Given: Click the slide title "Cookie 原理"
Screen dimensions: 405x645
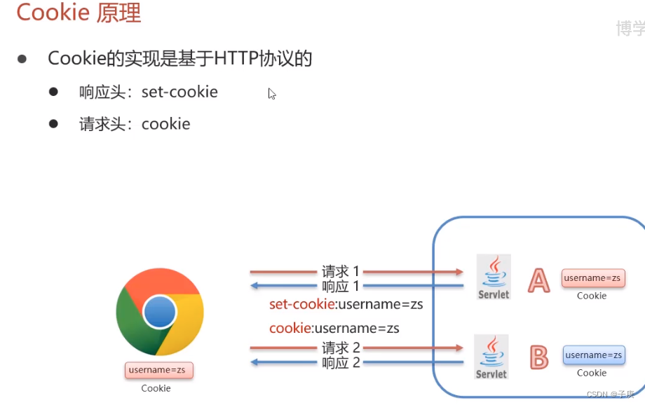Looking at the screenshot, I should click(79, 13).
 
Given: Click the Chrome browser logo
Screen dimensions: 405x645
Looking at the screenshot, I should click(160, 312).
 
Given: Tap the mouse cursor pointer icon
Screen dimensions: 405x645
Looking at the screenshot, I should click(271, 93).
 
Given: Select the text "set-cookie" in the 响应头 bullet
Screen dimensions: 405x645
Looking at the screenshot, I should click(179, 92).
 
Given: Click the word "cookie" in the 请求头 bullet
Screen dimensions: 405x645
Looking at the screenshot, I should click(166, 124).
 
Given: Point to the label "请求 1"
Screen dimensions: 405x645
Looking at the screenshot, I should click(341, 271).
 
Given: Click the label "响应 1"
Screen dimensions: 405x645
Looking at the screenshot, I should click(341, 286).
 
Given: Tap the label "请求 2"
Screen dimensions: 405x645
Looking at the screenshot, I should click(341, 348).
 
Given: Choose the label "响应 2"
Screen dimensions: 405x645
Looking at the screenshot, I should click(341, 362).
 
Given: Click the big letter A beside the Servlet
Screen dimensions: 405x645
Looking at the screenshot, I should click(538, 280).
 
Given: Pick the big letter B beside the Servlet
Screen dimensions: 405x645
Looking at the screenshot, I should click(538, 357).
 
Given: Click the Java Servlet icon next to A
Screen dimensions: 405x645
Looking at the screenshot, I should click(494, 277).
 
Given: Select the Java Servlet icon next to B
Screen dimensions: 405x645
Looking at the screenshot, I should click(491, 357).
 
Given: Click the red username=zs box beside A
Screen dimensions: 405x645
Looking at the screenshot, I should click(593, 278).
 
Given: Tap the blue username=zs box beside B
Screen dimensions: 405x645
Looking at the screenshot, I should click(594, 355).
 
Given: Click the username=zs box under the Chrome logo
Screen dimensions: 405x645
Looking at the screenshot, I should click(158, 370).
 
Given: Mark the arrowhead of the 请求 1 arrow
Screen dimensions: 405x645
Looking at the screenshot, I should click(460, 271).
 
